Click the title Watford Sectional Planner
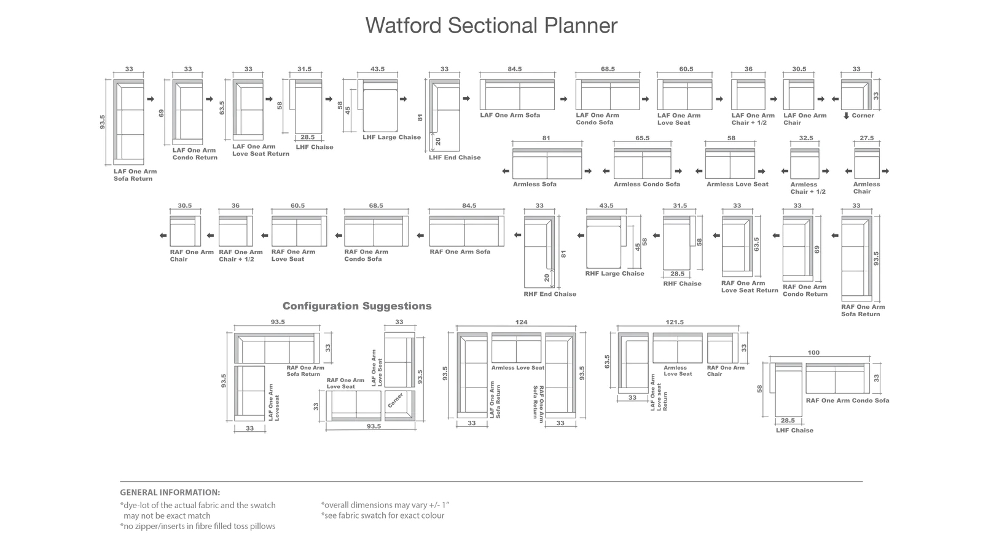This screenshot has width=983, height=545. (x=491, y=25)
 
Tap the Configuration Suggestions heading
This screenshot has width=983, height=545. (x=357, y=306)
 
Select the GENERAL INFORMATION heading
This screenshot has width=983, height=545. (x=170, y=492)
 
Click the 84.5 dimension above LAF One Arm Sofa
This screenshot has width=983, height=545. (x=515, y=69)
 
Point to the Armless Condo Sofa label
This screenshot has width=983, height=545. (x=647, y=184)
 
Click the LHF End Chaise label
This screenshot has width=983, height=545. (x=455, y=157)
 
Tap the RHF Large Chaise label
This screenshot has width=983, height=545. (x=614, y=273)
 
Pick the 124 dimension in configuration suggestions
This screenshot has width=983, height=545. (x=522, y=322)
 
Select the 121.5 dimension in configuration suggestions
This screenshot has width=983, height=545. (x=675, y=322)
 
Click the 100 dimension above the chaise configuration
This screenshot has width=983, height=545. (x=813, y=352)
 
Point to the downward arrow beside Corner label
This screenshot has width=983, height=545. (x=846, y=116)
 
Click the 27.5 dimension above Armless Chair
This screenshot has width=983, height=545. (x=867, y=138)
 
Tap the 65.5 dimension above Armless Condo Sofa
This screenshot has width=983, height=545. (x=642, y=138)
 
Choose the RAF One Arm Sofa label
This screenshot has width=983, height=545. (x=460, y=252)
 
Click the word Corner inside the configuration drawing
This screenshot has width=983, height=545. (x=396, y=400)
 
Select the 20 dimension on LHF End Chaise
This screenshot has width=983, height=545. (x=438, y=141)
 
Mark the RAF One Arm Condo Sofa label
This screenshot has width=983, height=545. (x=847, y=400)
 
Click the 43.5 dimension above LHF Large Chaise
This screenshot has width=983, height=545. (x=377, y=69)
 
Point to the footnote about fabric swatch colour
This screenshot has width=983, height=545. (x=382, y=515)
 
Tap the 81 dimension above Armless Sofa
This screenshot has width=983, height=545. (x=546, y=138)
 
